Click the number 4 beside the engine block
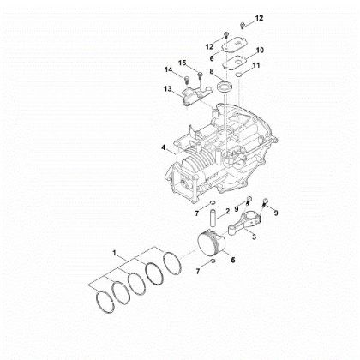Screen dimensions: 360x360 pos(163,148)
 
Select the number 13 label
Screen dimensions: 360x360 pos(168,89)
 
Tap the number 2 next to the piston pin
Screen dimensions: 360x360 pos(226,210)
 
